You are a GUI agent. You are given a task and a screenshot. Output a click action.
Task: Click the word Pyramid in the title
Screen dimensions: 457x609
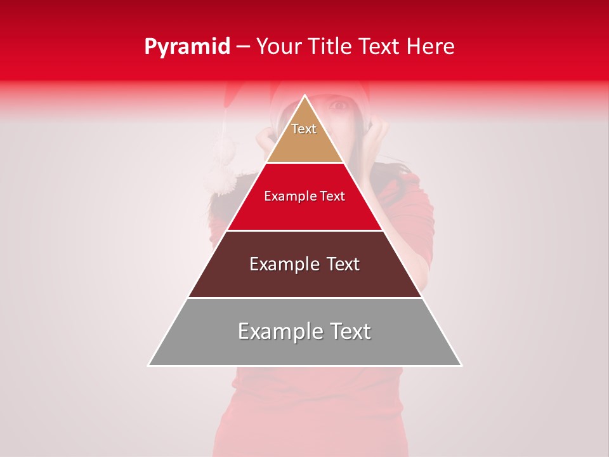pyautogui.click(x=187, y=47)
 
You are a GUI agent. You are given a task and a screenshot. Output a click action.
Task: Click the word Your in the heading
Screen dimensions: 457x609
pyautogui.click(x=278, y=47)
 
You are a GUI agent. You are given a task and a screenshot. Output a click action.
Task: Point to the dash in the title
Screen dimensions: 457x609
pyautogui.click(x=243, y=47)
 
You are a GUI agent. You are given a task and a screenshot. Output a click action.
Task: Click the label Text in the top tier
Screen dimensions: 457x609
pyautogui.click(x=304, y=129)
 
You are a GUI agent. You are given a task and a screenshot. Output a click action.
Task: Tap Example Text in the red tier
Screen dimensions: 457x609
pyautogui.click(x=304, y=196)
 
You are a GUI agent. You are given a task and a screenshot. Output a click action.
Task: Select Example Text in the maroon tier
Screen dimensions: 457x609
pyautogui.click(x=304, y=264)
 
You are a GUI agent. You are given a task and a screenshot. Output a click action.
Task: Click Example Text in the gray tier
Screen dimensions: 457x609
pyautogui.click(x=304, y=331)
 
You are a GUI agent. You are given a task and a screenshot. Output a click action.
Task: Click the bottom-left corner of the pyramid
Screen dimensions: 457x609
pyautogui.click(x=149, y=365)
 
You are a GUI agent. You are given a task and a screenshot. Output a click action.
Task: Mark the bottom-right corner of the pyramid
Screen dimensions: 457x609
pyautogui.click(x=461, y=365)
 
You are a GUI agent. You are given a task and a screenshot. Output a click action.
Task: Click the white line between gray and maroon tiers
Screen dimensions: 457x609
pyautogui.click(x=304, y=298)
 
